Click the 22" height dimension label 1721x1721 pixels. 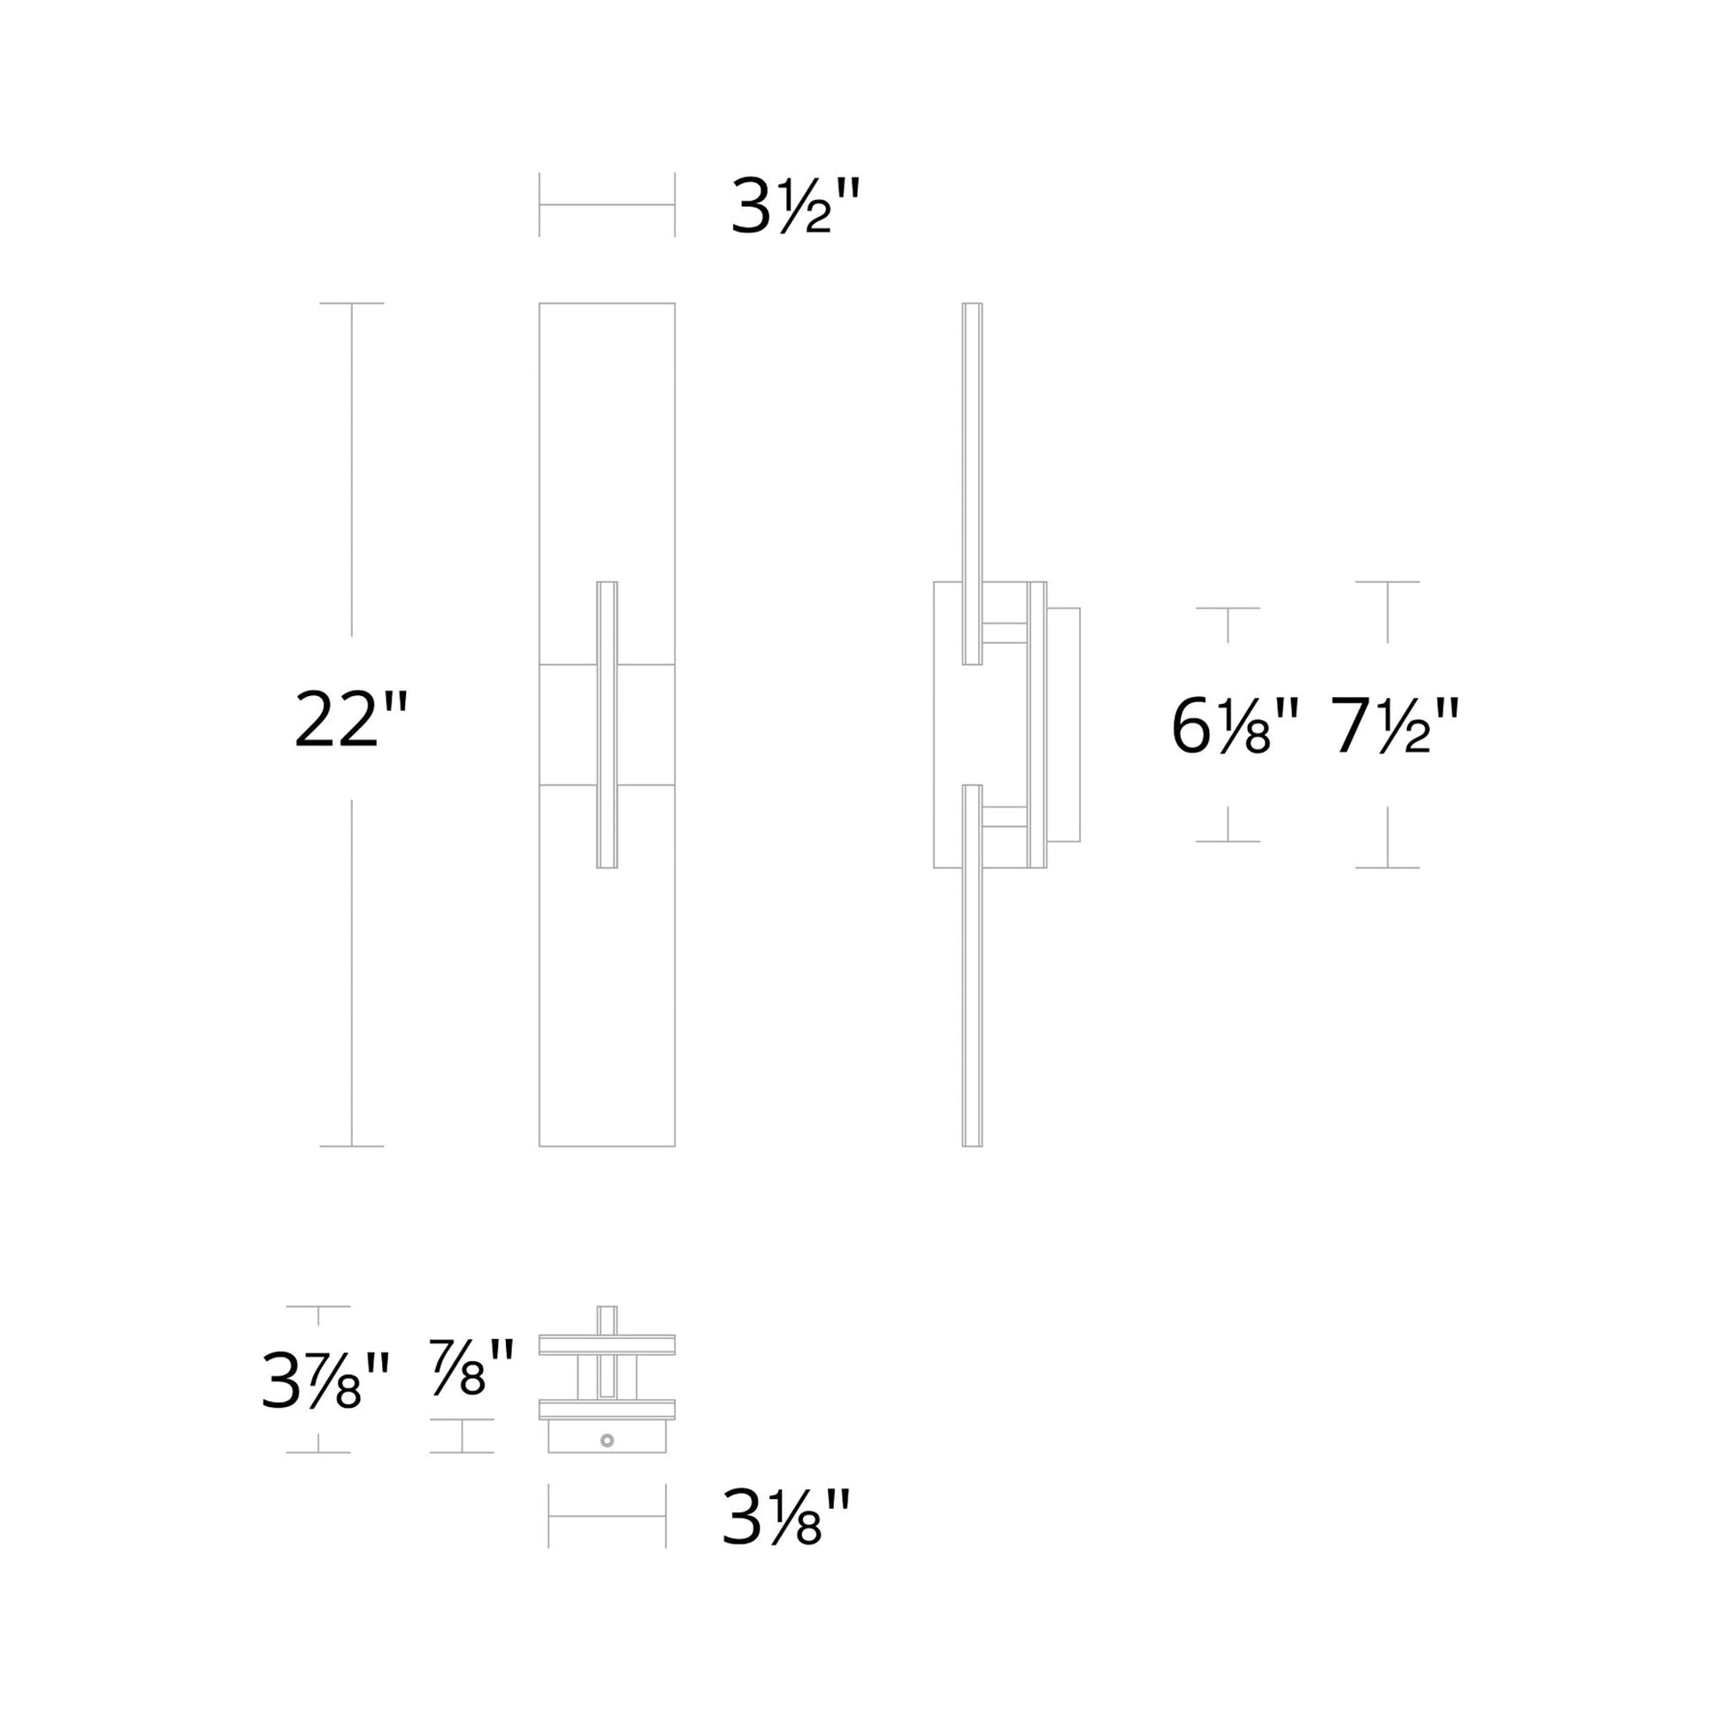350,719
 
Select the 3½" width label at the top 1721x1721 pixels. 795,206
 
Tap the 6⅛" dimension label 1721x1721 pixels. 1235,726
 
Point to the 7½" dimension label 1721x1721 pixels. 1394,726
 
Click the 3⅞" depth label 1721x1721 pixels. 325,1381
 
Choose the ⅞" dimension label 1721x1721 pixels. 471,1367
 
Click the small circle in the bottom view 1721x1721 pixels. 608,1441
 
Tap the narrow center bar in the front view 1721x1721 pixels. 607,724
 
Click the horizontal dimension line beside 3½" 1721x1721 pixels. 607,205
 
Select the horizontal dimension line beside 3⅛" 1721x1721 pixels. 607,1516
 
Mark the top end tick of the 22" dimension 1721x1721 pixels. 351,303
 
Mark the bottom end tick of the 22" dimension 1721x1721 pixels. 351,1146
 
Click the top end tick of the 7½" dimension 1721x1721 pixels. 1387,582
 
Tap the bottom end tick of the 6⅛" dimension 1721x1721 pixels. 1228,841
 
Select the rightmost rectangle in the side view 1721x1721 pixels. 1064,724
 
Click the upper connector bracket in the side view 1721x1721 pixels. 1005,632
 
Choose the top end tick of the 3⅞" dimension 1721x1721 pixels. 318,1307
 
